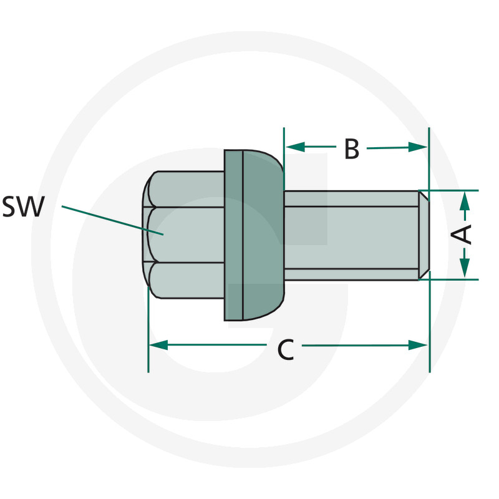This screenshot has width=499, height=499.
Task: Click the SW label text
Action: [x=23, y=207]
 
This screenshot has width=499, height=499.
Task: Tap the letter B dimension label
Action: [x=352, y=148]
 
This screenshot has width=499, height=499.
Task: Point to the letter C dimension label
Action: [x=286, y=350]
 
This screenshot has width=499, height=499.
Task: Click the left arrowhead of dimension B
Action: [x=295, y=147]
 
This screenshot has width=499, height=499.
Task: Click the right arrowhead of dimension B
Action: [x=417, y=147]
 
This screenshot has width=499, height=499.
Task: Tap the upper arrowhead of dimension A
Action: [x=465, y=201]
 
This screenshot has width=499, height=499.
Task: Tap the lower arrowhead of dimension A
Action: [x=465, y=268]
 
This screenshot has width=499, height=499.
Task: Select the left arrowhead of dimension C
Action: [x=158, y=345]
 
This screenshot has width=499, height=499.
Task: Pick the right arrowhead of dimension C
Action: [x=418, y=345]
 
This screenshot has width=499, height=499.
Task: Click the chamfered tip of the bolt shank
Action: [x=424, y=236]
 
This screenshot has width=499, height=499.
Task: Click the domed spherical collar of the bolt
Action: [x=263, y=235]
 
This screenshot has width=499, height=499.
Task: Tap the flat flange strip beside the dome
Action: [x=233, y=235]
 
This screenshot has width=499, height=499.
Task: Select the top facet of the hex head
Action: [x=186, y=189]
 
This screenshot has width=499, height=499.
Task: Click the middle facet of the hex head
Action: [x=186, y=235]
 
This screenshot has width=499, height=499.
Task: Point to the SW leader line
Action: [x=112, y=221]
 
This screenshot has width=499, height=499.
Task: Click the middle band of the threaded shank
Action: [x=351, y=238]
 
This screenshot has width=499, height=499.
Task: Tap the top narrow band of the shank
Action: [x=351, y=199]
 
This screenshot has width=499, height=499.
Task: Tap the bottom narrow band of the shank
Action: [x=351, y=274]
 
